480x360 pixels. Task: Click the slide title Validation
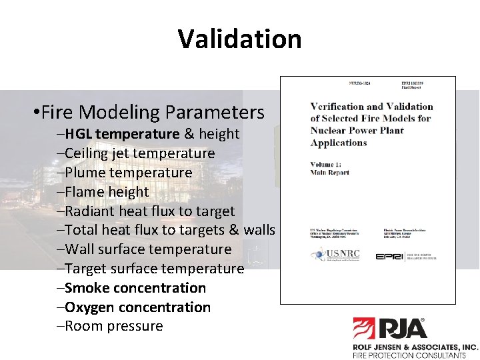[x=239, y=39]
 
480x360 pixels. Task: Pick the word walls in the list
[x=259, y=230]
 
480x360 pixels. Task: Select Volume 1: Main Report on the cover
[x=329, y=168]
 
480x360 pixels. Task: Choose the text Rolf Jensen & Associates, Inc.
[x=415, y=347]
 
